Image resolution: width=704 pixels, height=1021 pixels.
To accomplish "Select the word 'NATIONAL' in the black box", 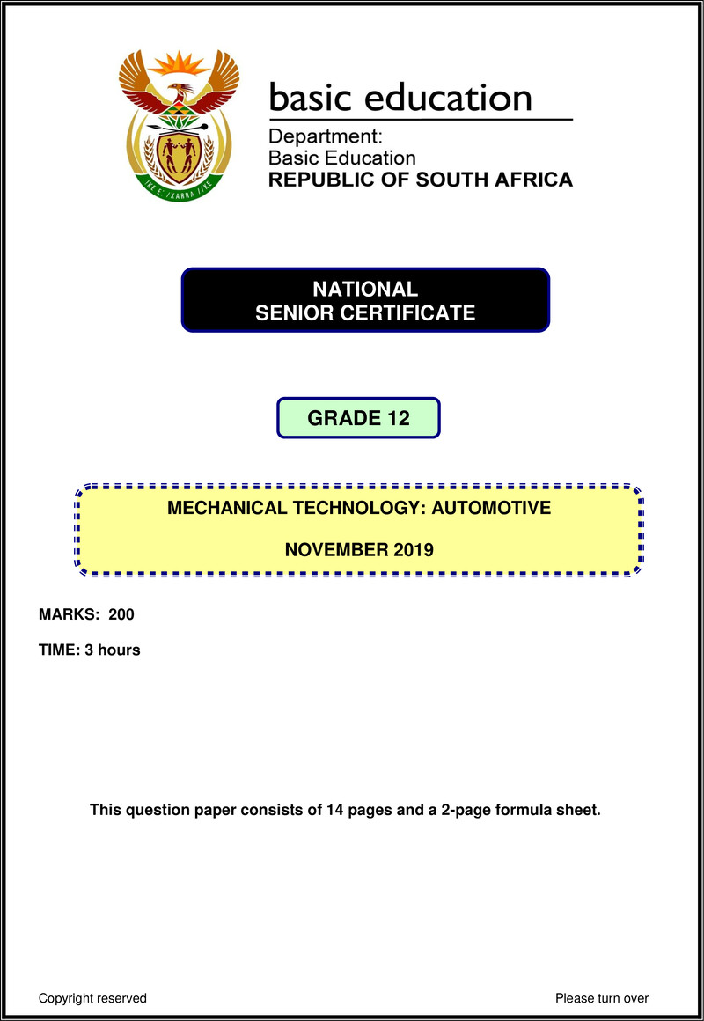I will coord(365,289).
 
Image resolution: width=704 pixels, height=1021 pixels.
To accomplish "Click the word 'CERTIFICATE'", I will coord(414,312).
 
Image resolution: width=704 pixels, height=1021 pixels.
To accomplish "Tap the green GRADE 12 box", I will coord(358,418).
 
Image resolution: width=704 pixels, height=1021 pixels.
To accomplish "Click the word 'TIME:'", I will coord(59,650).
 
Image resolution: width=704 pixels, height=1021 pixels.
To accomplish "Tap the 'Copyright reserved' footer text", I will coord(92,998).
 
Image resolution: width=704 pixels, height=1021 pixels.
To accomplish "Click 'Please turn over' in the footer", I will coord(602,998).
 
